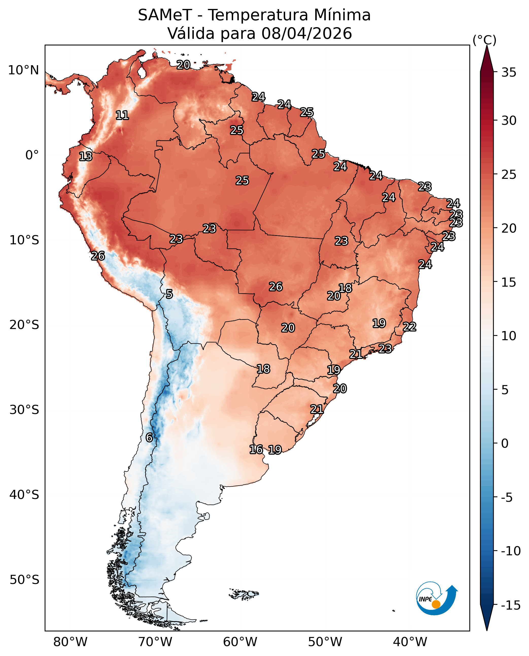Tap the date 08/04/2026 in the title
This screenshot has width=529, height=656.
(306, 33)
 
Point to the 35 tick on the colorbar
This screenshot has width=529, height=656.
(509, 73)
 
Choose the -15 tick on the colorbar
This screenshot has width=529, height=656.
(511, 606)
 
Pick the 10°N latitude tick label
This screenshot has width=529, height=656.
(23, 70)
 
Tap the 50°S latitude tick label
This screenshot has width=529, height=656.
(24, 580)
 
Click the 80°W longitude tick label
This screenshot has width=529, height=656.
(70, 642)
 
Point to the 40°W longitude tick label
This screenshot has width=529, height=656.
(410, 642)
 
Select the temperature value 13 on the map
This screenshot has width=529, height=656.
(86, 157)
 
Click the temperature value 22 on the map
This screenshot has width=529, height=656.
(409, 327)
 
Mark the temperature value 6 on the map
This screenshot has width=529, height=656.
(149, 438)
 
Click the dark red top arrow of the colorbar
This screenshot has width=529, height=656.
(487, 59)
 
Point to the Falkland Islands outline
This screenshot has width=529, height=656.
(244, 594)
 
